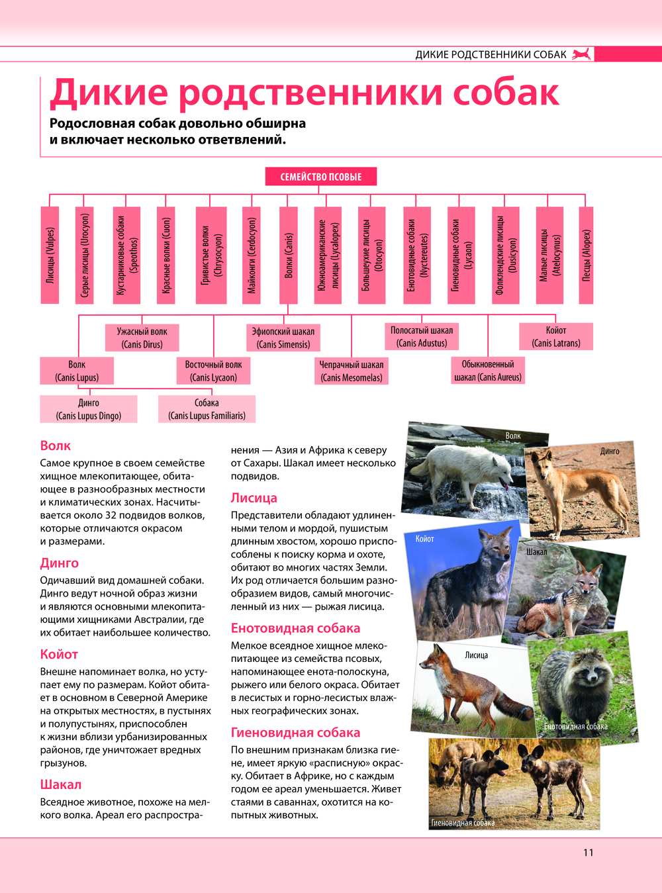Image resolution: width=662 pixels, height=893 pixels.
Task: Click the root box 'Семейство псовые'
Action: (x=321, y=177)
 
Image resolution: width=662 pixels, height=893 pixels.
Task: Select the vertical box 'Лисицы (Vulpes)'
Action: (x=50, y=256)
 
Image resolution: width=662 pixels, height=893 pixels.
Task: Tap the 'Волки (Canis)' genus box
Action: (x=288, y=256)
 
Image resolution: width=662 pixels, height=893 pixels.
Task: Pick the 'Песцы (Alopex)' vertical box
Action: (x=586, y=256)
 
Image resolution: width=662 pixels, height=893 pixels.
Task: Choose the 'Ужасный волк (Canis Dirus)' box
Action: (x=142, y=338)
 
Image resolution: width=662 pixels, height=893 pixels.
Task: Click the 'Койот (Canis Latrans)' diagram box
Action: (x=556, y=336)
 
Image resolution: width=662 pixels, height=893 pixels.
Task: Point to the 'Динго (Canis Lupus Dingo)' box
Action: (x=89, y=409)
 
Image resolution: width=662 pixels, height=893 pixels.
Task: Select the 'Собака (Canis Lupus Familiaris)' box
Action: (x=207, y=409)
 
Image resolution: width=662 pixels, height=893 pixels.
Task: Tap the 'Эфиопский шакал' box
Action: (x=283, y=338)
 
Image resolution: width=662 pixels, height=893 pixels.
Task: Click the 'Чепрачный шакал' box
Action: (x=352, y=371)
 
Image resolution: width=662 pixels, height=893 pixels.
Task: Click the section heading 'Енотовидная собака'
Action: (x=295, y=628)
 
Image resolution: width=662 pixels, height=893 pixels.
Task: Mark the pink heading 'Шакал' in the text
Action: (x=60, y=784)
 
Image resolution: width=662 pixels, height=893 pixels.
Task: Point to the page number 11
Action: (x=589, y=853)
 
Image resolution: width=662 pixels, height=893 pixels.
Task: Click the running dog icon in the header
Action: (x=582, y=54)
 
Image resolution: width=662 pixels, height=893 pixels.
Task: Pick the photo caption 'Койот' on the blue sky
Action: (x=424, y=539)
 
